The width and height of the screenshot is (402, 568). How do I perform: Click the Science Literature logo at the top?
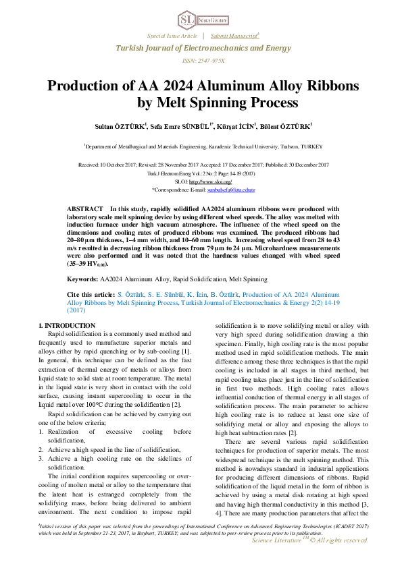[x=200, y=18]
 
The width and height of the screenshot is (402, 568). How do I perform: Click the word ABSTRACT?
[x=85, y=210]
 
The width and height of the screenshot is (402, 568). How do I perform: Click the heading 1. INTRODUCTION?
[x=67, y=326]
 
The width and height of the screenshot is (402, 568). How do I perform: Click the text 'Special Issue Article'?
[x=172, y=35]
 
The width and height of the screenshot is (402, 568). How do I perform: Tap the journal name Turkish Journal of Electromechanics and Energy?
[x=201, y=48]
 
